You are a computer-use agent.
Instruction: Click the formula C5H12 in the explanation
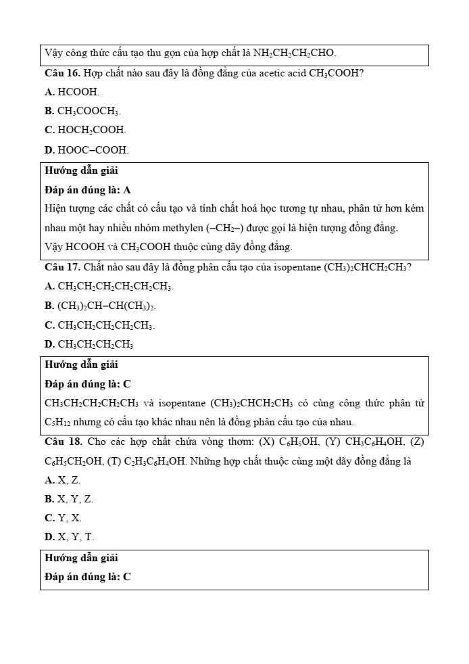(x=57, y=423)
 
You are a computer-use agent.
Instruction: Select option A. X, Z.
(x=62, y=480)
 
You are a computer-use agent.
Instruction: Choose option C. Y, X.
(x=63, y=518)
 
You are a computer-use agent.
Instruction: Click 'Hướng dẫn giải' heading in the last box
(x=81, y=559)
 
